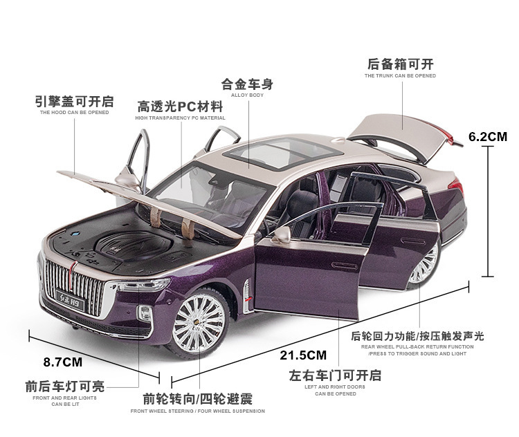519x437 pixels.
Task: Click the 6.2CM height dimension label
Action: (487, 136)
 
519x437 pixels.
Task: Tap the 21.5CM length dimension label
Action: (303, 355)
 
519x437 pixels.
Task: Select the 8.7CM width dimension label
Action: (62, 361)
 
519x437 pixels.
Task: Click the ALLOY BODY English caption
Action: (247, 95)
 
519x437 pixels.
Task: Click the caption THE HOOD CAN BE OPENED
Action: (74, 112)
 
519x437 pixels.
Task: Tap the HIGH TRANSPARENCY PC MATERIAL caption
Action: (180, 118)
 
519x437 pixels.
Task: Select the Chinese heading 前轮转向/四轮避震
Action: (197, 399)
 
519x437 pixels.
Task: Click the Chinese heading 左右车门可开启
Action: (335, 375)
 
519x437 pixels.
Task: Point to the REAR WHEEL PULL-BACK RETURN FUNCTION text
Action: (417, 346)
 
